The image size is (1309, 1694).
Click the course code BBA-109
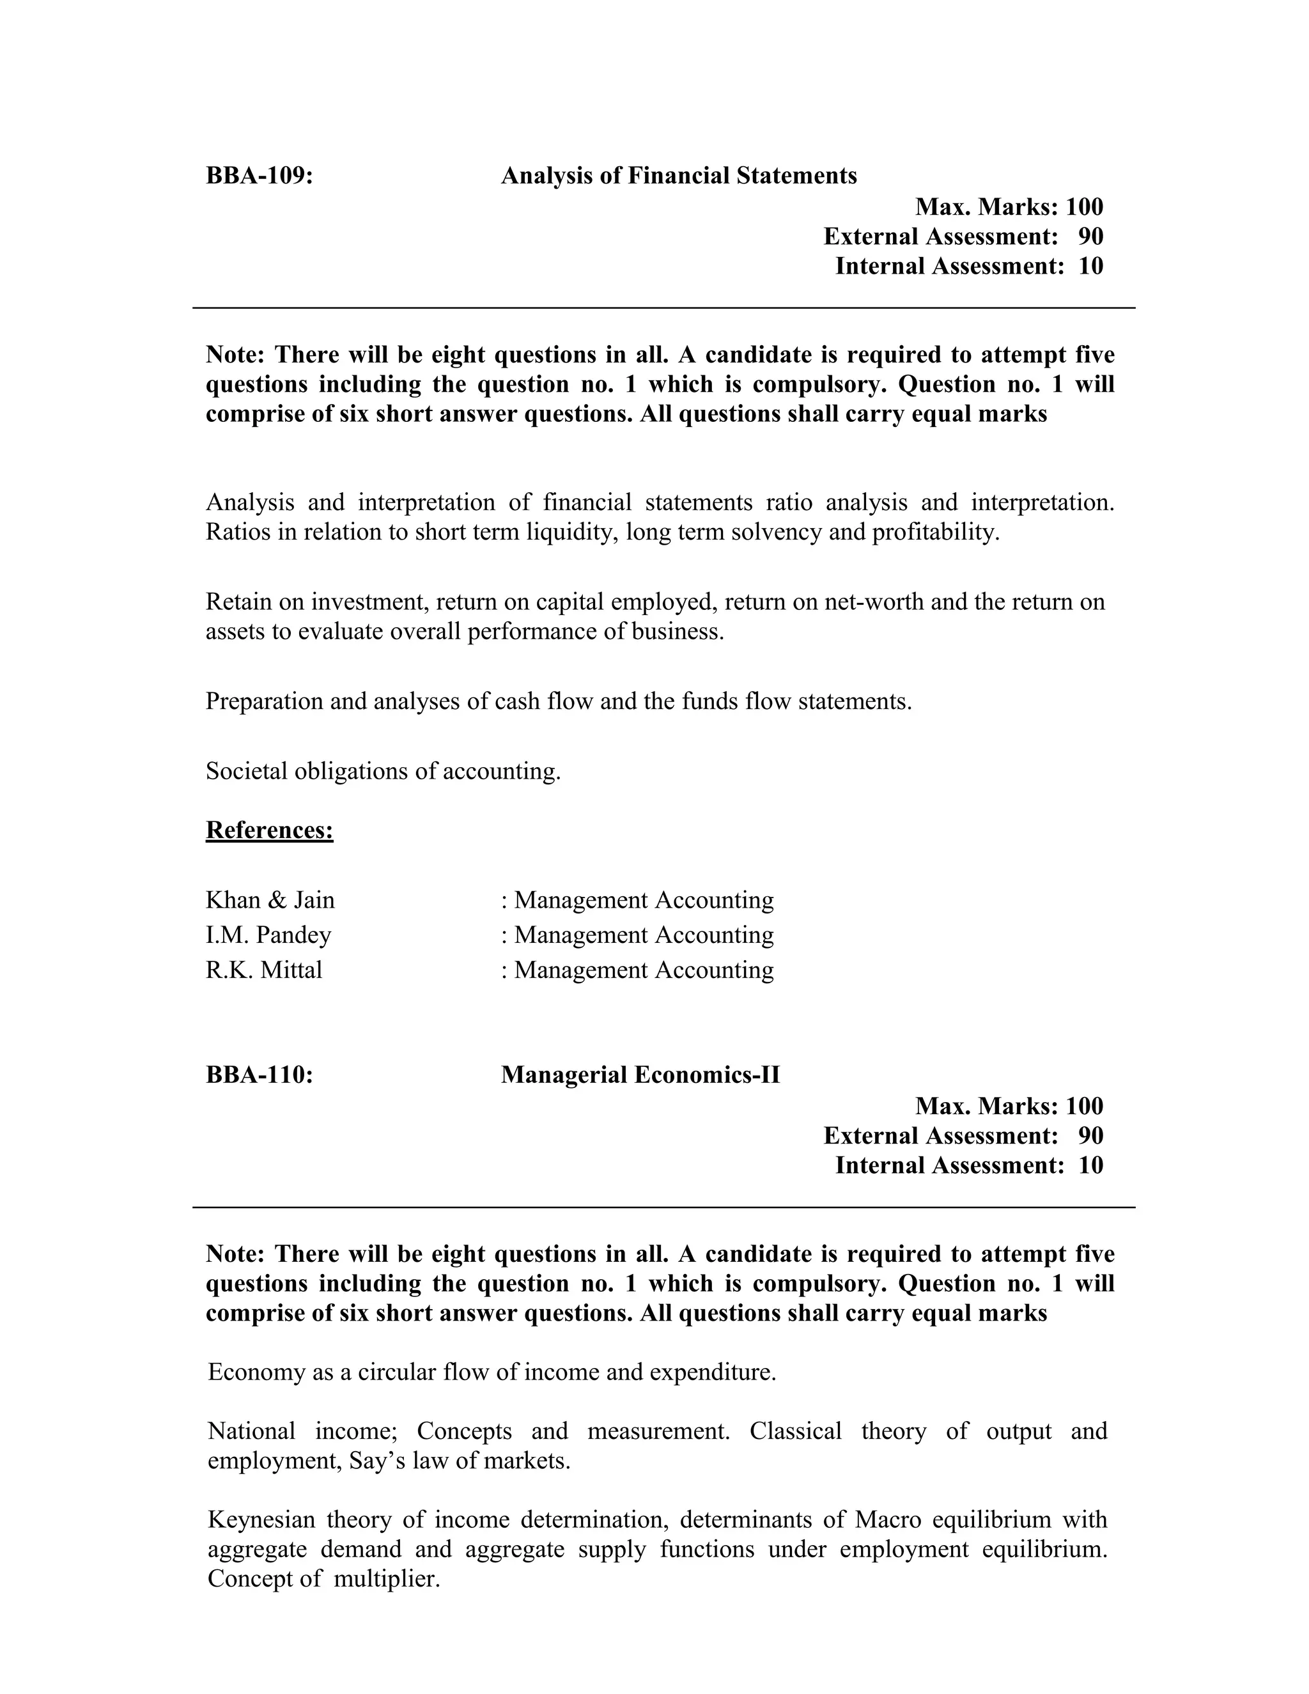point(259,176)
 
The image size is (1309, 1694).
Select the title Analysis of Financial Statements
point(679,176)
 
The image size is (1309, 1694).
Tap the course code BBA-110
point(259,1075)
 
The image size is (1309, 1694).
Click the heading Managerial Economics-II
point(640,1075)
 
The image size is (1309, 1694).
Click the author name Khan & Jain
point(270,900)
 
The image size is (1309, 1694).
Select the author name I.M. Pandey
point(268,935)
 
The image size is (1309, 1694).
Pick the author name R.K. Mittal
point(264,970)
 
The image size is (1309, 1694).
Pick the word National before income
point(251,1431)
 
